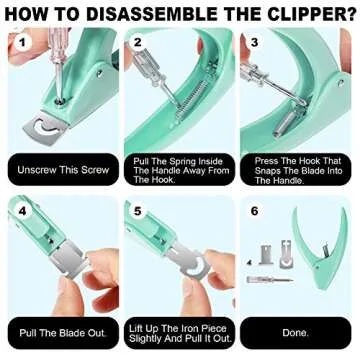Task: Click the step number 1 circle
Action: [x=22, y=45]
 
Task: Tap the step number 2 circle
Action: [x=138, y=45]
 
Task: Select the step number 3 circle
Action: [x=254, y=45]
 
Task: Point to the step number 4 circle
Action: [x=22, y=213]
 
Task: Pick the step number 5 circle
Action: [x=138, y=213]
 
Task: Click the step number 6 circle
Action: [x=254, y=213]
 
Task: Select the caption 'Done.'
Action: [x=295, y=331]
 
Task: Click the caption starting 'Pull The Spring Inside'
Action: [x=178, y=169]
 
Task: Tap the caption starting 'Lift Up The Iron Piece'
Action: [x=178, y=331]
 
